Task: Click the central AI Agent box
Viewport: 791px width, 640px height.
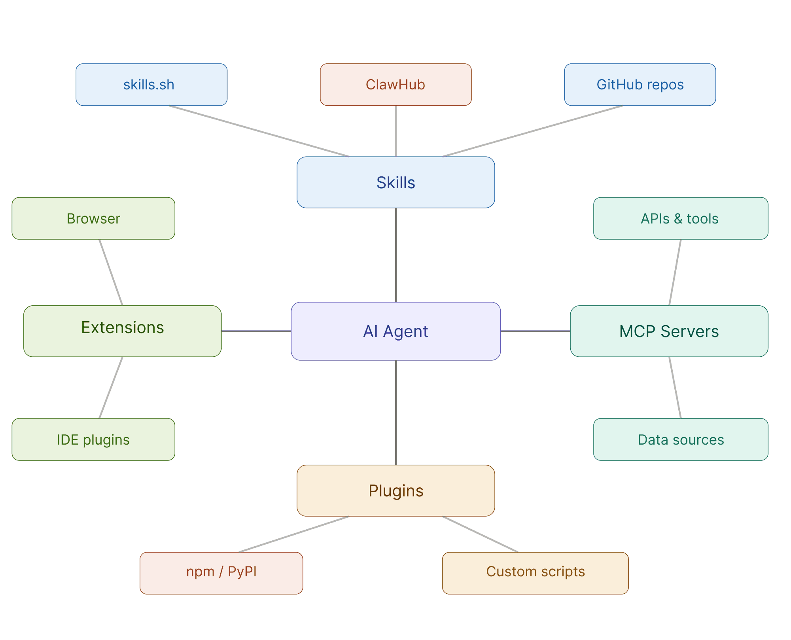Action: pyautogui.click(x=395, y=331)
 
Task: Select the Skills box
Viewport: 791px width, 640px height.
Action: pyautogui.click(x=395, y=182)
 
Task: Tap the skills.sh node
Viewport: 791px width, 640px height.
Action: pyautogui.click(x=151, y=85)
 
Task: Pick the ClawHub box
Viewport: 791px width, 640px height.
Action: pyautogui.click(x=395, y=85)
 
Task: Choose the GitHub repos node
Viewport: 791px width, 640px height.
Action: pyautogui.click(x=640, y=85)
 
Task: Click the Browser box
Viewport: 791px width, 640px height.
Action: pyautogui.click(x=93, y=218)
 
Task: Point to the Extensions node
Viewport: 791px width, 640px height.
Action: pyautogui.click(x=123, y=331)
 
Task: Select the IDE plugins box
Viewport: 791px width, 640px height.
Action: pyautogui.click(x=93, y=439)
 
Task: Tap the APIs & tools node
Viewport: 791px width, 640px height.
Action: pyautogui.click(x=681, y=218)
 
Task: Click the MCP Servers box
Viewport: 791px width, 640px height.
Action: pyautogui.click(x=669, y=331)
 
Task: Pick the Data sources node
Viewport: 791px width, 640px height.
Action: pyautogui.click(x=681, y=439)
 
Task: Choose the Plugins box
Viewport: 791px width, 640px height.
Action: pyautogui.click(x=395, y=490)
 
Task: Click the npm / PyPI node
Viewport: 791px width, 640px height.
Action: pyautogui.click(x=221, y=573)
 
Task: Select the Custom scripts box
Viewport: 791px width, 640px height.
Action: pyautogui.click(x=535, y=573)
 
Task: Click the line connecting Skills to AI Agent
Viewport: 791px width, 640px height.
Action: pyautogui.click(x=395, y=255)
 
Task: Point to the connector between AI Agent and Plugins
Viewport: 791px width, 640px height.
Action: pyautogui.click(x=395, y=413)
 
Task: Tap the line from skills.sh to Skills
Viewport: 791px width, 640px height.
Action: pyautogui.click(x=259, y=131)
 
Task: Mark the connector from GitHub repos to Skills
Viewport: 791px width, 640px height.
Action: pyautogui.click(x=533, y=131)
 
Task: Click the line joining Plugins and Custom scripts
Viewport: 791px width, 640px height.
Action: pyautogui.click(x=480, y=534)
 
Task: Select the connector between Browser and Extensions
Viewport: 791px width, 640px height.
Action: pyautogui.click(x=111, y=273)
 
